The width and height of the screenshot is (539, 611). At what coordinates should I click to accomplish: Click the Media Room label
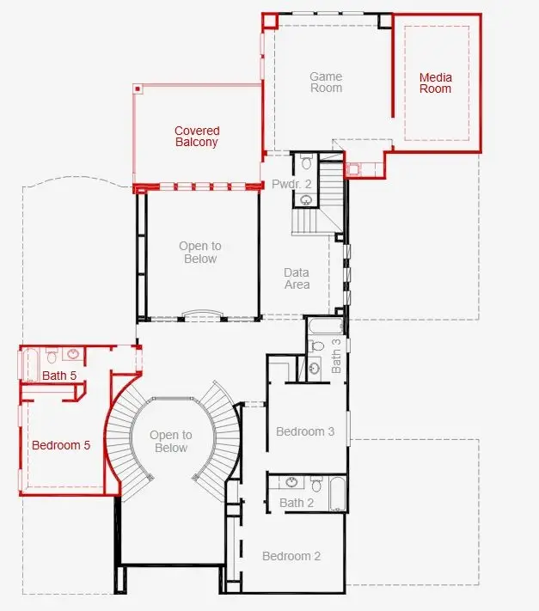[435, 83]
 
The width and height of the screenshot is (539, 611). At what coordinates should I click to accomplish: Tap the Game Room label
[326, 82]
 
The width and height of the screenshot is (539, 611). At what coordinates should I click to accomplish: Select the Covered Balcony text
[197, 136]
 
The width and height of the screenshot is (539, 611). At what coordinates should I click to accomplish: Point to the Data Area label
[297, 278]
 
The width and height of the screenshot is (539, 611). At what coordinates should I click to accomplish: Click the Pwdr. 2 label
[291, 184]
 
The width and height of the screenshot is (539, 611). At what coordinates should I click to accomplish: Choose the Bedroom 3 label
[305, 431]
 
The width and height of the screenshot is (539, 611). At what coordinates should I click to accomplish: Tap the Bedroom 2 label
[291, 556]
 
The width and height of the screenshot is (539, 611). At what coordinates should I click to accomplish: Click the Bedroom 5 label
[61, 445]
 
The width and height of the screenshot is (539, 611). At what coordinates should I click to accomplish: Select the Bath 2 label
[297, 503]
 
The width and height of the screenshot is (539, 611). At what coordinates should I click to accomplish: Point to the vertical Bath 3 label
[336, 356]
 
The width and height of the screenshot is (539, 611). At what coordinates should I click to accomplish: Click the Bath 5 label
[59, 376]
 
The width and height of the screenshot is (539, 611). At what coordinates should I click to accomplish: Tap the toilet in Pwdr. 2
[307, 162]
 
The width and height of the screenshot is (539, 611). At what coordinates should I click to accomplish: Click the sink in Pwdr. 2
[306, 200]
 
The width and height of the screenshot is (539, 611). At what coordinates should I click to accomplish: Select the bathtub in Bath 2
[338, 493]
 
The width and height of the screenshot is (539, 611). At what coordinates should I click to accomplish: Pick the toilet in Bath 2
[317, 484]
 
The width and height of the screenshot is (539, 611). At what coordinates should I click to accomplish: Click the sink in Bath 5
[73, 354]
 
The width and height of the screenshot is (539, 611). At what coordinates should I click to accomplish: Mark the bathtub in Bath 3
[326, 326]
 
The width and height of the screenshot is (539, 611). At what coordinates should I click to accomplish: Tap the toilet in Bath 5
[52, 356]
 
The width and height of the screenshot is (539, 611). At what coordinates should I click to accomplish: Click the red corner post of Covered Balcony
[138, 89]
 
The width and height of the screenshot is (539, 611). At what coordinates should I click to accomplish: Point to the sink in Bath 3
[315, 368]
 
